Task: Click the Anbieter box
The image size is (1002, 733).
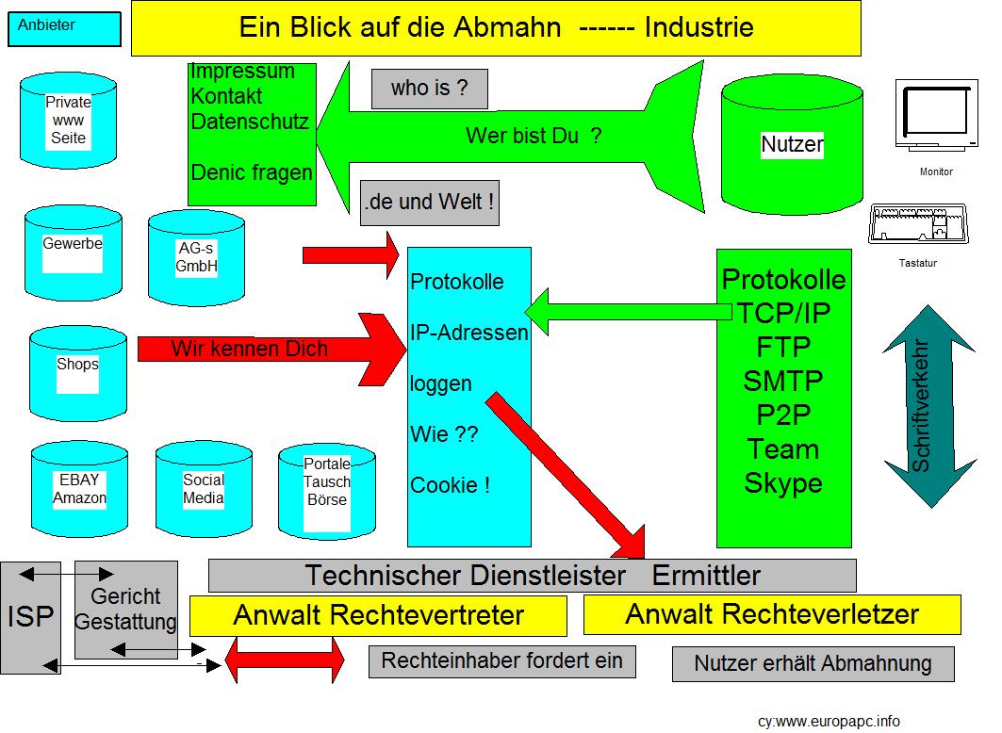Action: pos(64,28)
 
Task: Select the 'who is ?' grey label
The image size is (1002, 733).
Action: pos(429,90)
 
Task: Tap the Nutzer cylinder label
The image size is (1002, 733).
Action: pos(792,145)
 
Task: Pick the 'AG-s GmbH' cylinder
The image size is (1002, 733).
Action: pos(196,257)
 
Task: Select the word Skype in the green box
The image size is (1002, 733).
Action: pos(783,483)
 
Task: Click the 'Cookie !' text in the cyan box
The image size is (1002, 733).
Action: pos(450,485)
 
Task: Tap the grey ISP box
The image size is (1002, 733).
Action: pos(30,616)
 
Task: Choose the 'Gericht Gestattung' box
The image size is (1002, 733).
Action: pos(125,609)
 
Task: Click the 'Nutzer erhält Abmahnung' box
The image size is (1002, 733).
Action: pos(813,663)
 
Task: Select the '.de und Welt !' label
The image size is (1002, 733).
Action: pos(429,203)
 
